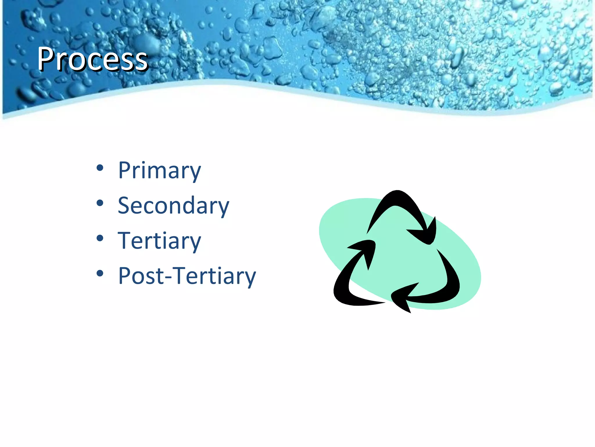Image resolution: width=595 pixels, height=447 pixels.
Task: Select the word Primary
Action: [159, 171]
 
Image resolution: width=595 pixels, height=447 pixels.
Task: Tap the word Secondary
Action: [173, 206]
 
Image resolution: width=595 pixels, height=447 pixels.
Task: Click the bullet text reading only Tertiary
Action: [159, 241]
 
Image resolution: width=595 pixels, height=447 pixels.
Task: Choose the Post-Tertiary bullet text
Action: [187, 276]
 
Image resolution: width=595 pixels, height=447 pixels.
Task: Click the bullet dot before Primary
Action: [100, 168]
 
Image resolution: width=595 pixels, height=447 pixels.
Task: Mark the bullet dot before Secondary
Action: [100, 203]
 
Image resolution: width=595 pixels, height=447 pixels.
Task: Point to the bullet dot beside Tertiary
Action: [100, 238]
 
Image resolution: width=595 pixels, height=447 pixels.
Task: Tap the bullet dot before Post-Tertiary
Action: [100, 273]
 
